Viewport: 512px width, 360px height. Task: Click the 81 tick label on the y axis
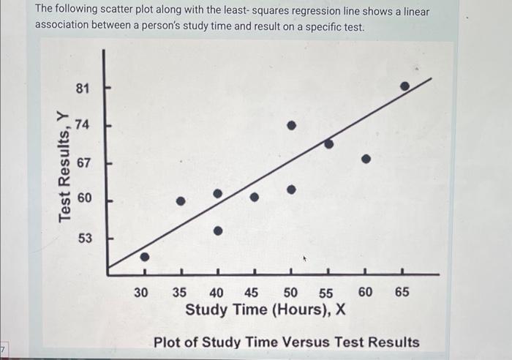pos(83,89)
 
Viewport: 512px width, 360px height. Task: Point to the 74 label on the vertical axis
pos(83,124)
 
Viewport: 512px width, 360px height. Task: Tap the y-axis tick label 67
pos(83,162)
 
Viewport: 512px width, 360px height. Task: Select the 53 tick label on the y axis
pos(83,238)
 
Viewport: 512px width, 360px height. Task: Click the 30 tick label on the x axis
pos(143,292)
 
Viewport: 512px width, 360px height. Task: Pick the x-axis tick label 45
pos(251,292)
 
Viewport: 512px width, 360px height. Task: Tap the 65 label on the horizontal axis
pos(402,292)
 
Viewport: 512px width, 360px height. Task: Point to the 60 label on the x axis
pos(365,292)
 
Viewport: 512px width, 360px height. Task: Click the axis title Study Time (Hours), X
pos(266,310)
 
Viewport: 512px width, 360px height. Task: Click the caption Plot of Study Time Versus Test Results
pos(286,342)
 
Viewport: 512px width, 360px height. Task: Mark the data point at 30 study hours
pos(145,257)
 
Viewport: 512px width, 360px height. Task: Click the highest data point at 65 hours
pos(404,86)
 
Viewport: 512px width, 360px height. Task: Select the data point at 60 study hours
pos(366,158)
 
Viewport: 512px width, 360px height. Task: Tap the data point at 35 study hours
pos(181,200)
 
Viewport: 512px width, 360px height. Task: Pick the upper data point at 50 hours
pos(291,126)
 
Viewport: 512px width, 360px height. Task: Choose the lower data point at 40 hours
pos(218,230)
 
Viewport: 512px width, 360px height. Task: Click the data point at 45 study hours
pos(255,197)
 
